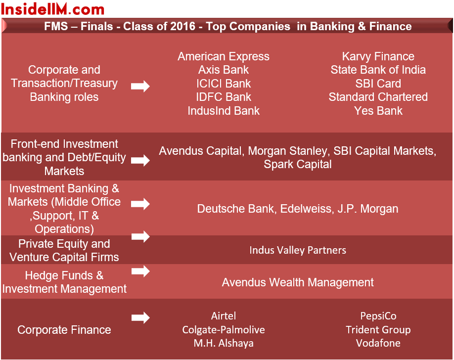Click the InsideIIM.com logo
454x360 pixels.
[x=52, y=9]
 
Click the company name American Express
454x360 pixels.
[x=224, y=56]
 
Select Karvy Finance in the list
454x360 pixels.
[x=378, y=56]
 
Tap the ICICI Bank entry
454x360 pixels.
[x=224, y=84]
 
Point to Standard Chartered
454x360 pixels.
[x=378, y=97]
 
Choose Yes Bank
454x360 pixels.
[x=378, y=111]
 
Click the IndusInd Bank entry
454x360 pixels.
[x=224, y=111]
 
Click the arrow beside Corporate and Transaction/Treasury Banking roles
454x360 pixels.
[x=140, y=87]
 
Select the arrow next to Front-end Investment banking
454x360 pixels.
[x=140, y=160]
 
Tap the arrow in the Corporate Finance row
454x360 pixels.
[x=140, y=317]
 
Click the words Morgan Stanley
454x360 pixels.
[x=287, y=151]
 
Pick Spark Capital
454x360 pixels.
[x=298, y=165]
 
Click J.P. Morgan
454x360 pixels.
[x=368, y=209]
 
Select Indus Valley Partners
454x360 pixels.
[x=298, y=250]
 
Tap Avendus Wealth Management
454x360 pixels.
[x=298, y=282]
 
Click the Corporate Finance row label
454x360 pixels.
[x=64, y=330]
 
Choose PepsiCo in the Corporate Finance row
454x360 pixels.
[x=378, y=316]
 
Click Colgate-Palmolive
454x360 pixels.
[x=224, y=330]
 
